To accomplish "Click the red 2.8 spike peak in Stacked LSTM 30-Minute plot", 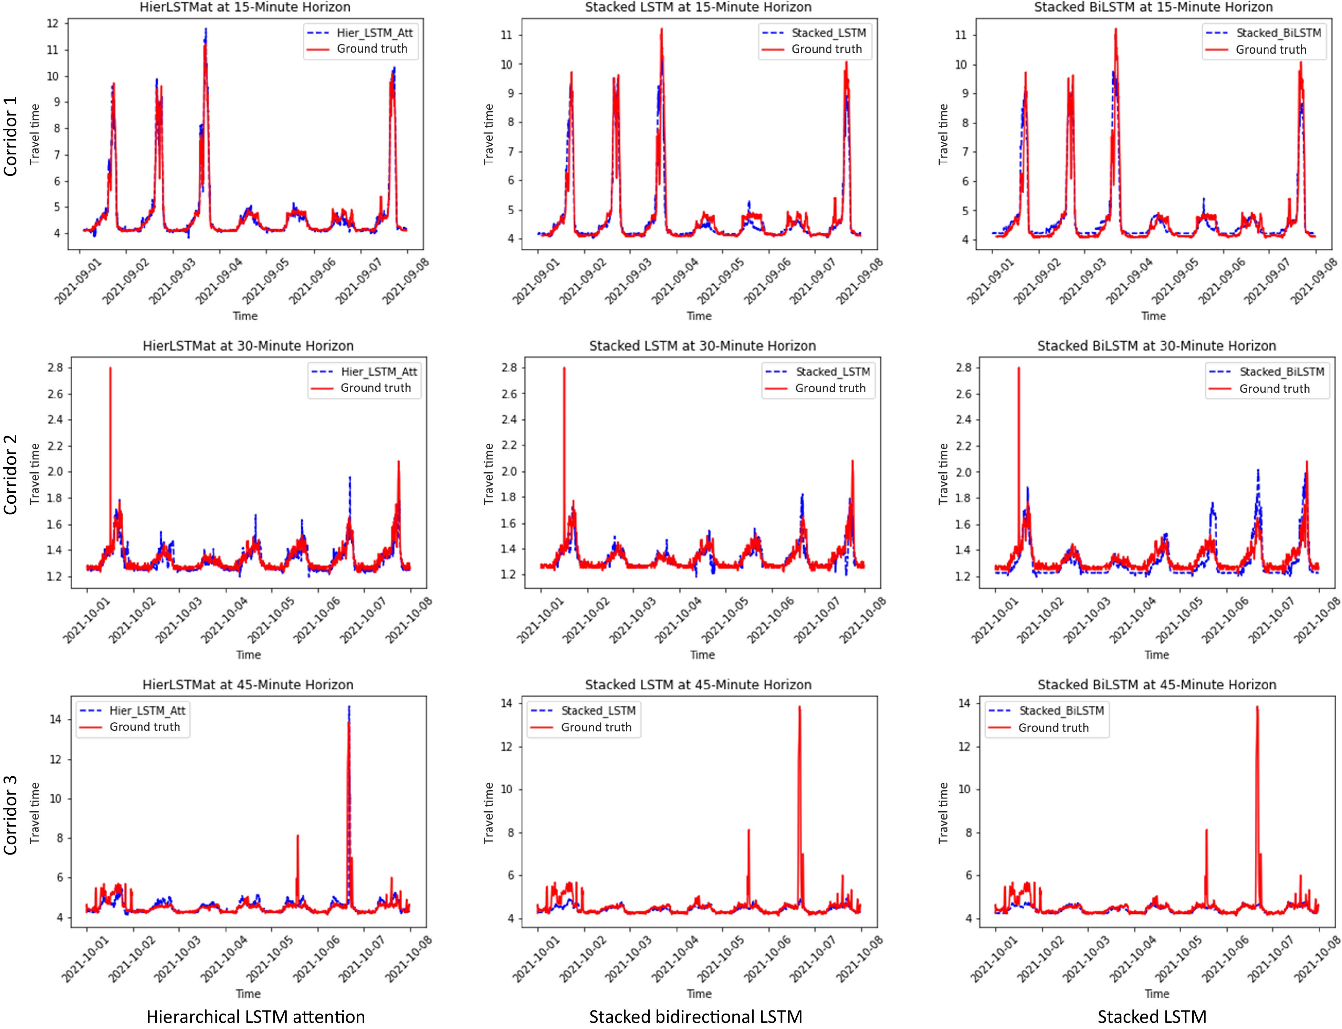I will (564, 368).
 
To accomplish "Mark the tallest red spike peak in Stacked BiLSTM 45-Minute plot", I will (1257, 707).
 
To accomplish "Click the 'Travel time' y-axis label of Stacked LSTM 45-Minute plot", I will (489, 813).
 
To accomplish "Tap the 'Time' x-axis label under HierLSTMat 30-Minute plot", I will (248, 655).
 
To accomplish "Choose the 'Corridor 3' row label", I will (10, 815).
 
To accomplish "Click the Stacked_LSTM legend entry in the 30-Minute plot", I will (832, 372).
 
